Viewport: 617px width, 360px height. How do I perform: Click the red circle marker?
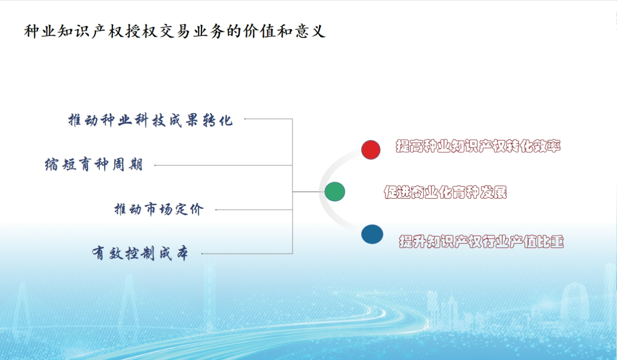371,149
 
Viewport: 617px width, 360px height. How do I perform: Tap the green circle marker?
335,192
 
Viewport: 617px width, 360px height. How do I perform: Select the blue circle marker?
372,234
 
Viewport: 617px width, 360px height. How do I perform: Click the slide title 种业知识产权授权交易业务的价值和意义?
174,31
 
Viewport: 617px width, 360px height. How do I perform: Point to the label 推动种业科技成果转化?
150,120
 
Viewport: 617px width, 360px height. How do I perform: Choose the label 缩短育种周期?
94,165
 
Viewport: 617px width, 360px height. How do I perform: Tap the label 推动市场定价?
159,209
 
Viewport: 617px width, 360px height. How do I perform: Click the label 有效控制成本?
140,253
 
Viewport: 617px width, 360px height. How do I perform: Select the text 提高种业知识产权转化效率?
478,146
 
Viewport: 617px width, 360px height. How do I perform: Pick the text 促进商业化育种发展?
445,192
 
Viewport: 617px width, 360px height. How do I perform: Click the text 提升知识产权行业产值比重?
482,241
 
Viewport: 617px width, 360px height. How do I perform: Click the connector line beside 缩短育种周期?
223,165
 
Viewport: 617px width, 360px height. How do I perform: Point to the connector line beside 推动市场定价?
254,210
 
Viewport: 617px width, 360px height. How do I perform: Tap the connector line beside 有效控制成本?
247,253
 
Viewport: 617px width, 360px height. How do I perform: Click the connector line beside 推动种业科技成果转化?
268,119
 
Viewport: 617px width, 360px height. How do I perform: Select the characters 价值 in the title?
259,31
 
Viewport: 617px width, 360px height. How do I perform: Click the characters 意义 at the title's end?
310,31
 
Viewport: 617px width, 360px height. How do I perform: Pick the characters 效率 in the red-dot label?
547,146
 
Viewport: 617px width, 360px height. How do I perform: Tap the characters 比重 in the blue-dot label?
550,241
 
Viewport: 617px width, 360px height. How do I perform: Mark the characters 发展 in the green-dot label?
493,192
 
